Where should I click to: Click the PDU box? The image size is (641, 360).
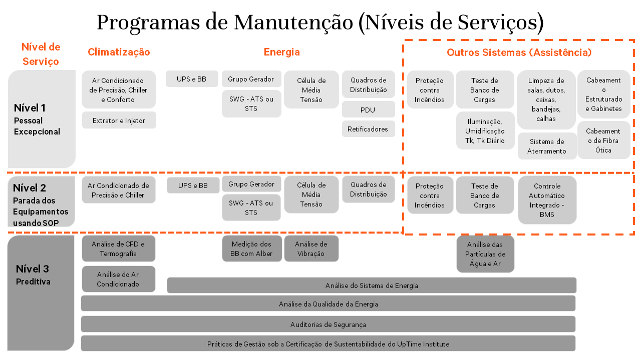(368, 110)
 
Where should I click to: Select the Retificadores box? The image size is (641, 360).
(368, 129)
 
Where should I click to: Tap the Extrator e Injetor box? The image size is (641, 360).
(119, 120)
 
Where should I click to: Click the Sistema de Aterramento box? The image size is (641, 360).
(547, 146)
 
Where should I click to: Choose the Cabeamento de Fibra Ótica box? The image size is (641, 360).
(603, 140)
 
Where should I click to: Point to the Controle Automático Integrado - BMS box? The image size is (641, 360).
(547, 200)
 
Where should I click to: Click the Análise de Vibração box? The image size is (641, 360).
(311, 248)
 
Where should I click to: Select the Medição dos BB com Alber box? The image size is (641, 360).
(251, 248)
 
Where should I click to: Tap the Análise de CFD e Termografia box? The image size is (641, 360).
(118, 248)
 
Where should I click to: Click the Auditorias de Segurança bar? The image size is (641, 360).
(328, 324)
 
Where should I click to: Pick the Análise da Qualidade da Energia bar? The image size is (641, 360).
(328, 303)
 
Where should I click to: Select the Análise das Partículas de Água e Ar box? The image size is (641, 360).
(485, 254)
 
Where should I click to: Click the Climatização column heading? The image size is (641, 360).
(119, 52)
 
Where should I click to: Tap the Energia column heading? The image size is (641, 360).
(282, 52)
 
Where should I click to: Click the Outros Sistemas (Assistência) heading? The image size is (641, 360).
(519, 52)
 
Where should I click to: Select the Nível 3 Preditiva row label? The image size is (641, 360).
(33, 274)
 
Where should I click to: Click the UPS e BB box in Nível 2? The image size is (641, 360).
(193, 185)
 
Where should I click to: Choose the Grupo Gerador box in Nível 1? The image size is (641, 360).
(251, 79)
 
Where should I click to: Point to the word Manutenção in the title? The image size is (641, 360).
(293, 22)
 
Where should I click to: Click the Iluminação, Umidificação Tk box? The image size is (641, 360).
(485, 131)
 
